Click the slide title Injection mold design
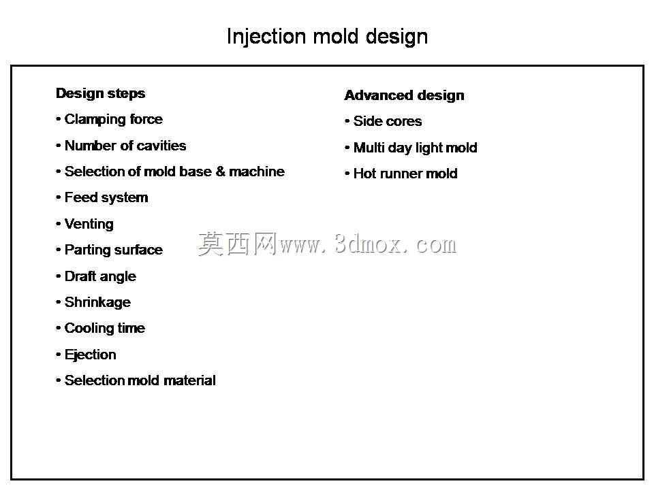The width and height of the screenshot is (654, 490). [328, 37]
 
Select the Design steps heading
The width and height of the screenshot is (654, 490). [101, 94]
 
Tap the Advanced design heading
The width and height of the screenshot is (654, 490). [404, 95]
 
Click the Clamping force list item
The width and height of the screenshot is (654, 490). [114, 120]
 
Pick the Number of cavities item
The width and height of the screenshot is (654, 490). [125, 146]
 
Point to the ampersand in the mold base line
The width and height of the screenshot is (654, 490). [221, 171]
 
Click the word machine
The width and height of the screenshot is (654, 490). [257, 171]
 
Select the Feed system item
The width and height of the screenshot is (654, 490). [106, 197]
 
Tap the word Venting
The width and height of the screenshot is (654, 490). [89, 224]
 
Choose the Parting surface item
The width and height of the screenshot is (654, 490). [114, 250]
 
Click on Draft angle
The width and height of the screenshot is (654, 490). [100, 276]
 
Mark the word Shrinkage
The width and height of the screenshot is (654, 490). [97, 302]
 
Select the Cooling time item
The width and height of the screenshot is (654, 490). [105, 328]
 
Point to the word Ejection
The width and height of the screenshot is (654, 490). [90, 355]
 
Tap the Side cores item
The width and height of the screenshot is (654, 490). [388, 121]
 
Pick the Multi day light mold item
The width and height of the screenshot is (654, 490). [415, 148]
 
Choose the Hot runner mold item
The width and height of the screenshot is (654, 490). [405, 174]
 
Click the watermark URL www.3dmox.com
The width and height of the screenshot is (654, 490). [369, 244]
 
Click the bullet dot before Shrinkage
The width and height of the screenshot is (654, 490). [58, 302]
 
